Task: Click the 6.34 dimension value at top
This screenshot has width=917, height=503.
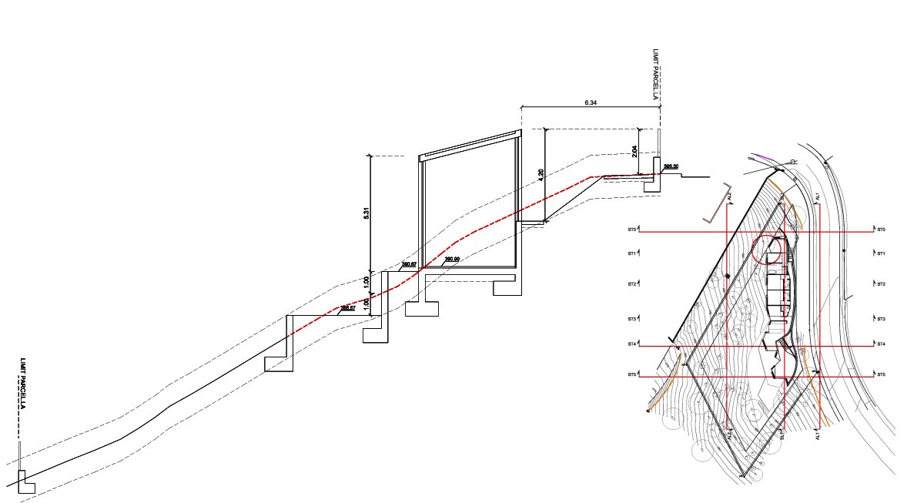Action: (591, 102)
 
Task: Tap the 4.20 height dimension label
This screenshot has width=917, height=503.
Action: (541, 176)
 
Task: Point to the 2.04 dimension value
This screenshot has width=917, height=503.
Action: (635, 151)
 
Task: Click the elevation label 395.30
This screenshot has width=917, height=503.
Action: (670, 166)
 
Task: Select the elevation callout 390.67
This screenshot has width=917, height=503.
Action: (409, 265)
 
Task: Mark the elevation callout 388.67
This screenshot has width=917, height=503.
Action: (347, 308)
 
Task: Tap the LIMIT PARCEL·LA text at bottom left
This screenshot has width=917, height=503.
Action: (24, 384)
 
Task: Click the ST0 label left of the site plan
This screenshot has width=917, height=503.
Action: (632, 230)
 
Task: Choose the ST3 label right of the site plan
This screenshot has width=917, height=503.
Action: (881, 319)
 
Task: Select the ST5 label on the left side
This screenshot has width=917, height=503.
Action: (632, 374)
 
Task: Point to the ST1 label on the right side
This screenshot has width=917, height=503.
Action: (881, 253)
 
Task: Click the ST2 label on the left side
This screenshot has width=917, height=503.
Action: (632, 284)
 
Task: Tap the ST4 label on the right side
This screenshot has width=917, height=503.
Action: (881, 344)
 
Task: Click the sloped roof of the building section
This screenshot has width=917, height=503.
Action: (470, 144)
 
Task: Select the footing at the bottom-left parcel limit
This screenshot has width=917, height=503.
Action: (25, 481)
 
